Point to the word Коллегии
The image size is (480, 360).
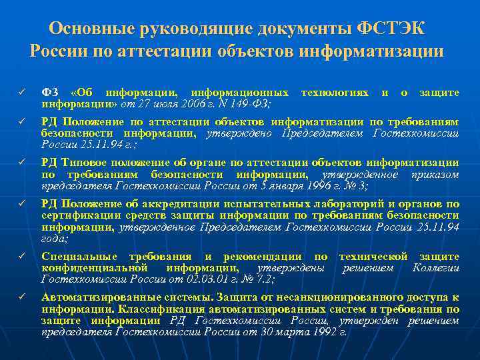[435, 268]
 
